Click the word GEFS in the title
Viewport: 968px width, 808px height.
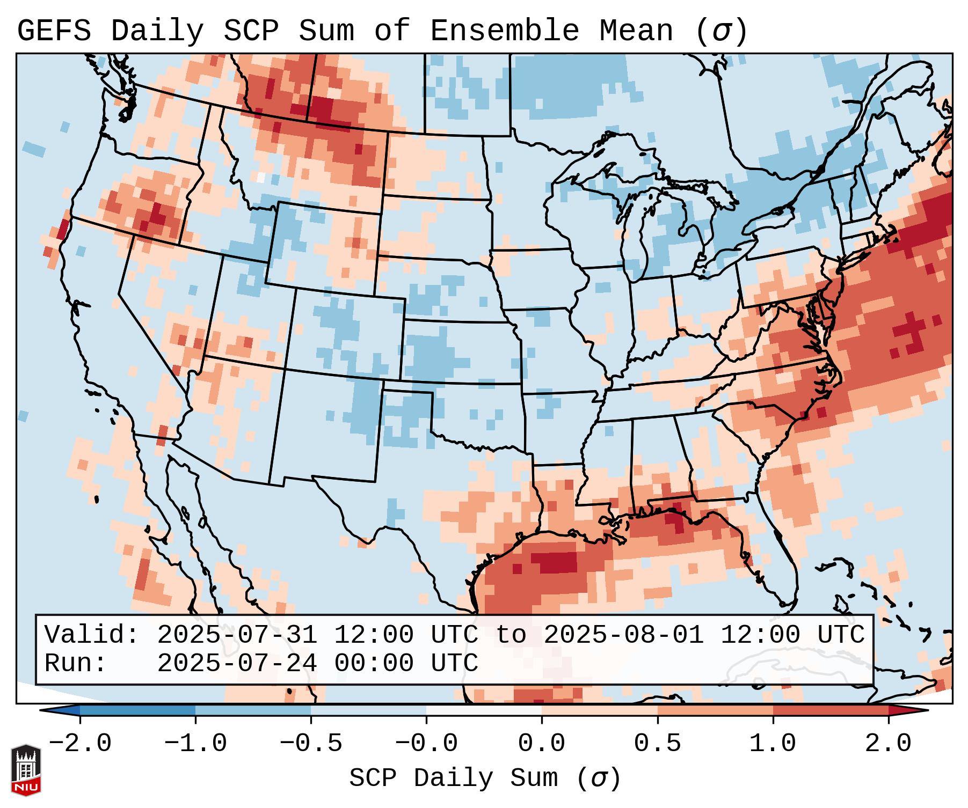pos(54,31)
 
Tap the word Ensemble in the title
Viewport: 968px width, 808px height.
pos(504,31)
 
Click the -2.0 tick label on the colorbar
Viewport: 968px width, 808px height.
pos(80,744)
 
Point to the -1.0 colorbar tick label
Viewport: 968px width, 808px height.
pos(195,744)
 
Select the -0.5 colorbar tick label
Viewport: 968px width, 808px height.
pos(311,744)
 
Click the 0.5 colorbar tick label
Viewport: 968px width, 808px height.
pos(657,744)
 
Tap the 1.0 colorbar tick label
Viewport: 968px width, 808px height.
pos(773,744)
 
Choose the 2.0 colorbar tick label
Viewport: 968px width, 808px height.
pos(888,744)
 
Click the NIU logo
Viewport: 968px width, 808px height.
pos(26,770)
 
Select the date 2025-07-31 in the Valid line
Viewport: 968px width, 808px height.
pos(237,635)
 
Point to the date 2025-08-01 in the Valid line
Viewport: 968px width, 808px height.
pos(623,635)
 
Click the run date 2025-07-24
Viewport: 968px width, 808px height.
pos(237,663)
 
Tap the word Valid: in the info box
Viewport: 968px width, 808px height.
pos(92,635)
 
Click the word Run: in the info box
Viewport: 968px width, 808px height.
pos(76,663)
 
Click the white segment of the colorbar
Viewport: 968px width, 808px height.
pos(484,710)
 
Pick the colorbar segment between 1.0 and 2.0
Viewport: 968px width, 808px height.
pos(831,710)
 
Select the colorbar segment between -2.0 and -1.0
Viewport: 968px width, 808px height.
pos(137,710)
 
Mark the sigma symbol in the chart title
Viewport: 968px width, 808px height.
pos(721,31)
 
